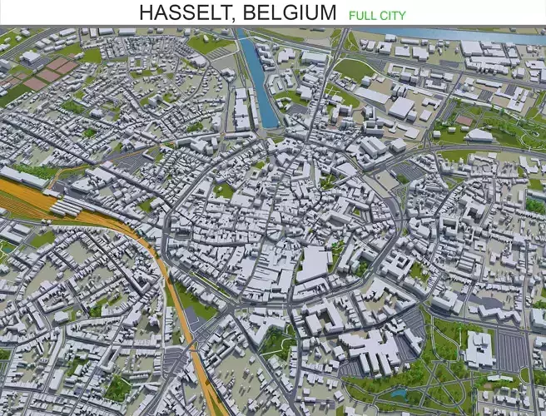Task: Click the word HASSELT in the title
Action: pyautogui.click(x=185, y=13)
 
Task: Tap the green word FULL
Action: pyautogui.click(x=362, y=15)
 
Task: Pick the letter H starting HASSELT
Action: pyautogui.click(x=146, y=13)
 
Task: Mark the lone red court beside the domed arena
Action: pyautogui.click(x=464, y=121)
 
